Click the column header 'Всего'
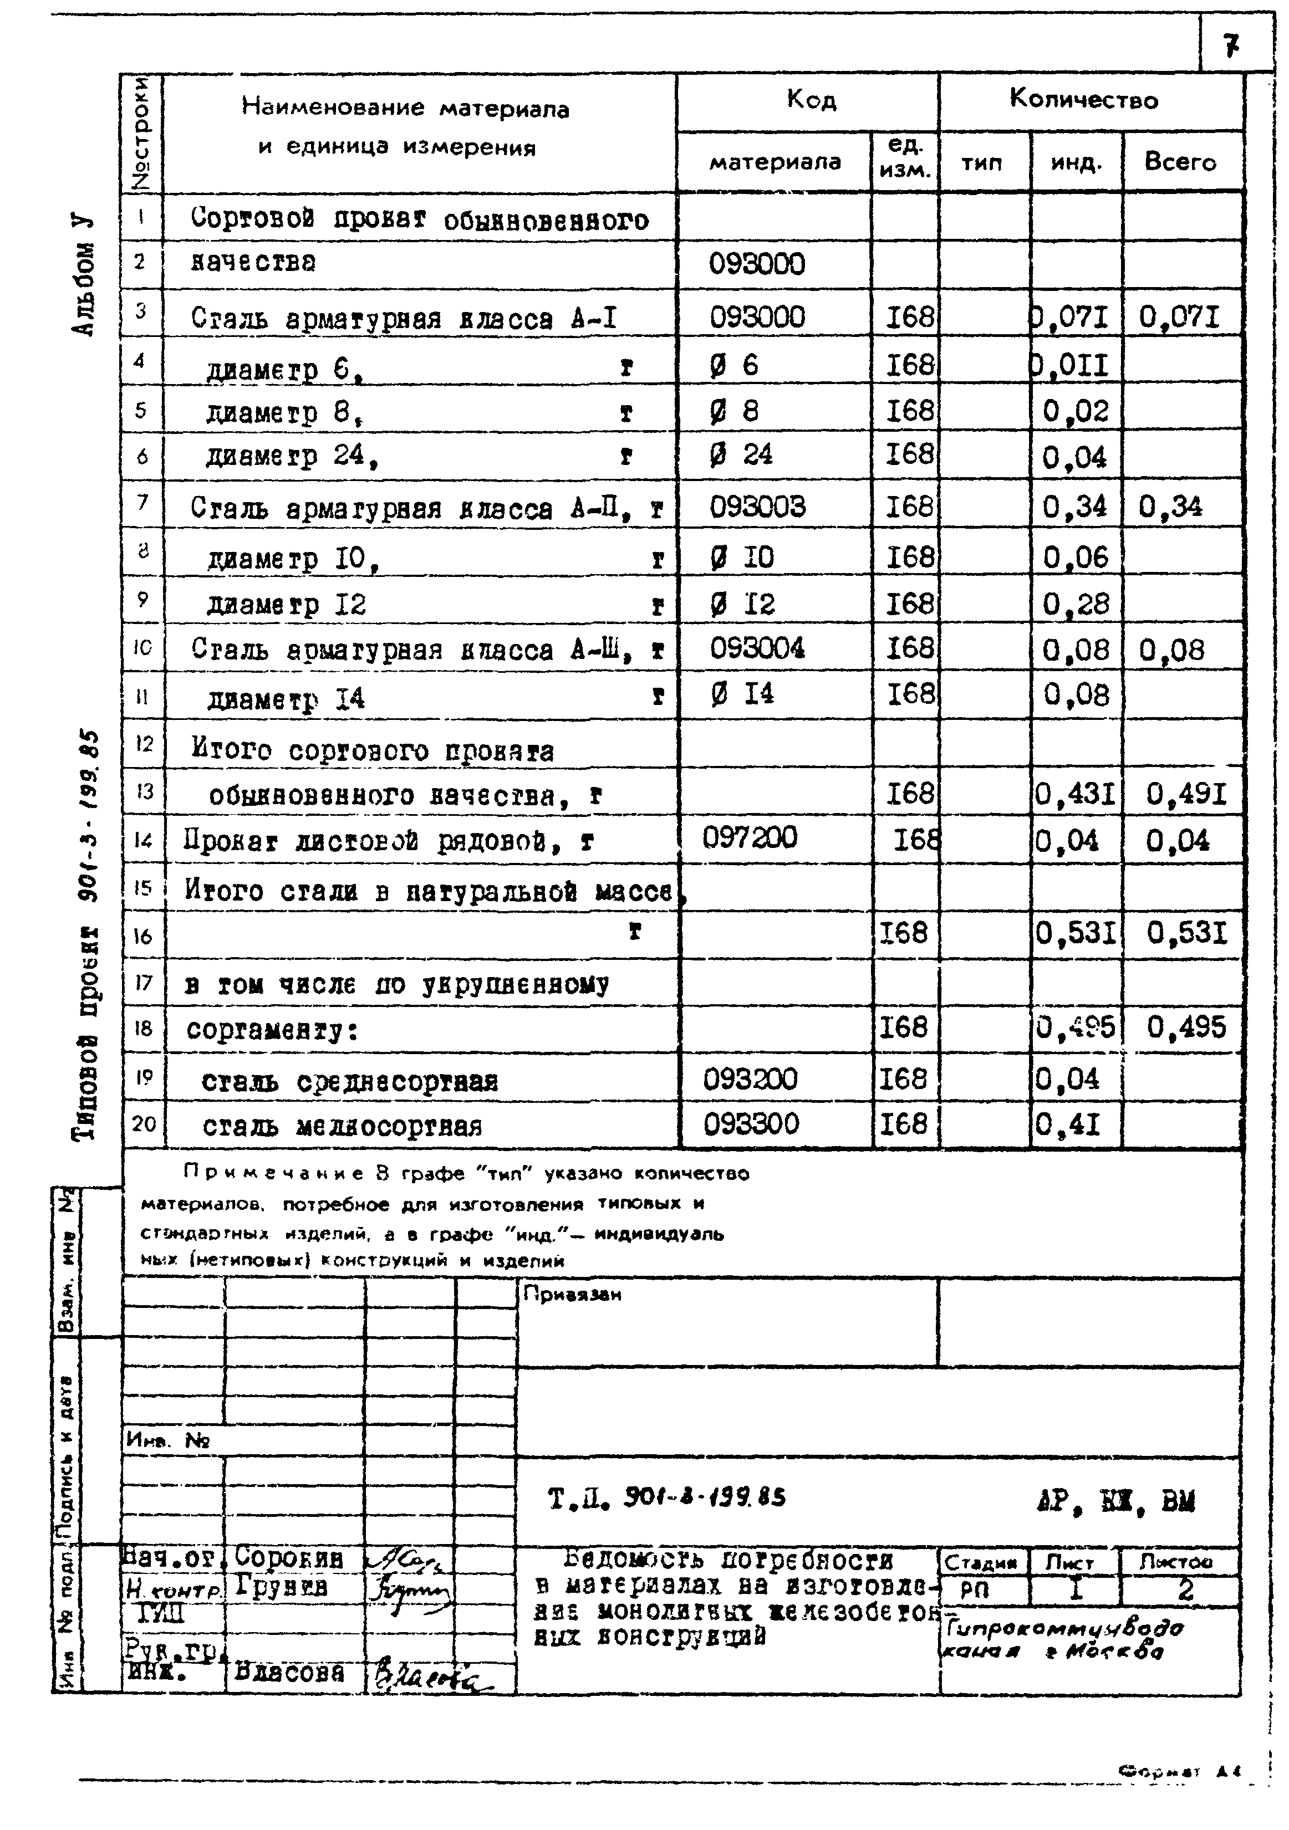click(1180, 162)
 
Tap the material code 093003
click(757, 508)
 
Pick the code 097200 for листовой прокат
click(750, 837)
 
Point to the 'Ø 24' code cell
click(741, 455)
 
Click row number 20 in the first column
click(144, 1124)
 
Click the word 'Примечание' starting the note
click(273, 1173)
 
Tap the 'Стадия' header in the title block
click(981, 1563)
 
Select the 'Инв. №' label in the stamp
click(167, 1440)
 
